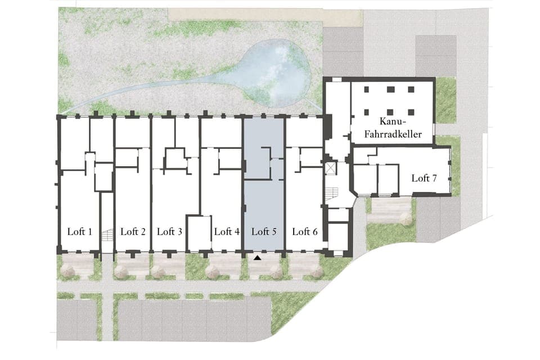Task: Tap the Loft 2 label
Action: pos(133,231)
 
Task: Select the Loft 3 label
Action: pos(169,231)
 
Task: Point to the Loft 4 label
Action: pos(227,231)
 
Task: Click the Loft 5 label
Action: pos(264,231)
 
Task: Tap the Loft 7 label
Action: pos(424,178)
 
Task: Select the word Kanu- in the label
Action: pos(391,121)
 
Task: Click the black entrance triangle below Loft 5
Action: pos(258,258)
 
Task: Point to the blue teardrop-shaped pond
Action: pos(276,73)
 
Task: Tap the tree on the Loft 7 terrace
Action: pos(405,219)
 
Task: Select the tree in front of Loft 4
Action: pos(213,272)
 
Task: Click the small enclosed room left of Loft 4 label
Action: pos(199,233)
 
